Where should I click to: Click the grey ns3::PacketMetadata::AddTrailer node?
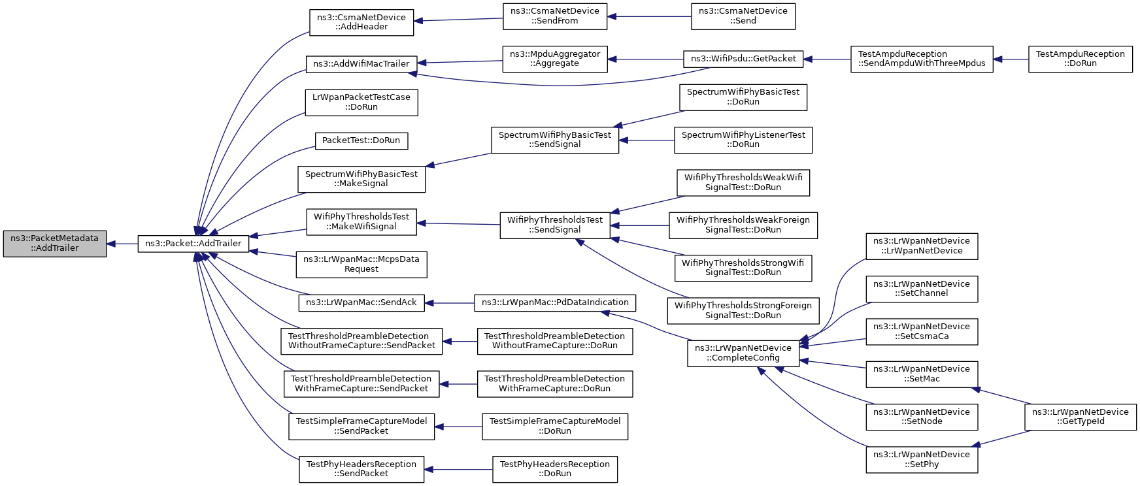(55, 244)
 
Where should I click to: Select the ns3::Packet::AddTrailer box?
(193, 244)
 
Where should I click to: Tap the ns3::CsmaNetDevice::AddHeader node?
(361, 22)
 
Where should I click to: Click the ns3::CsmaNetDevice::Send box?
(743, 16)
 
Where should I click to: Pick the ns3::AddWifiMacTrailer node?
(361, 64)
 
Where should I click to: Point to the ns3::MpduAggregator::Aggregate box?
(555, 59)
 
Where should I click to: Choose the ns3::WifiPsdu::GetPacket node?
(743, 59)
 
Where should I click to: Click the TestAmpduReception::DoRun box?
(1081, 59)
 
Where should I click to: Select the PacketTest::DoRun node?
(361, 140)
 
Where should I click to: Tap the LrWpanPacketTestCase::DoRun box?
(361, 103)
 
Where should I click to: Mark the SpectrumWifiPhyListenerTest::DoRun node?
(743, 140)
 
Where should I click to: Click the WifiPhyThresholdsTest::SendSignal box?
(555, 225)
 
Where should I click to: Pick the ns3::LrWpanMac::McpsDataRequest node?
(361, 264)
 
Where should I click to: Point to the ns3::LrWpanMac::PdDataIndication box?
(555, 303)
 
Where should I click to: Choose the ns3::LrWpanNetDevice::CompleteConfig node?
(743, 353)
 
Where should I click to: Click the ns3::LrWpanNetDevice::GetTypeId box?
(1081, 417)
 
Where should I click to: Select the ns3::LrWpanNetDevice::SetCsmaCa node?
(922, 332)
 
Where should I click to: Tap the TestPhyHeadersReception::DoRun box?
(555, 470)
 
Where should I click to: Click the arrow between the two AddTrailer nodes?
(122, 244)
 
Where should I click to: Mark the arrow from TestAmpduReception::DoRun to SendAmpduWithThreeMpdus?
(1011, 59)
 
